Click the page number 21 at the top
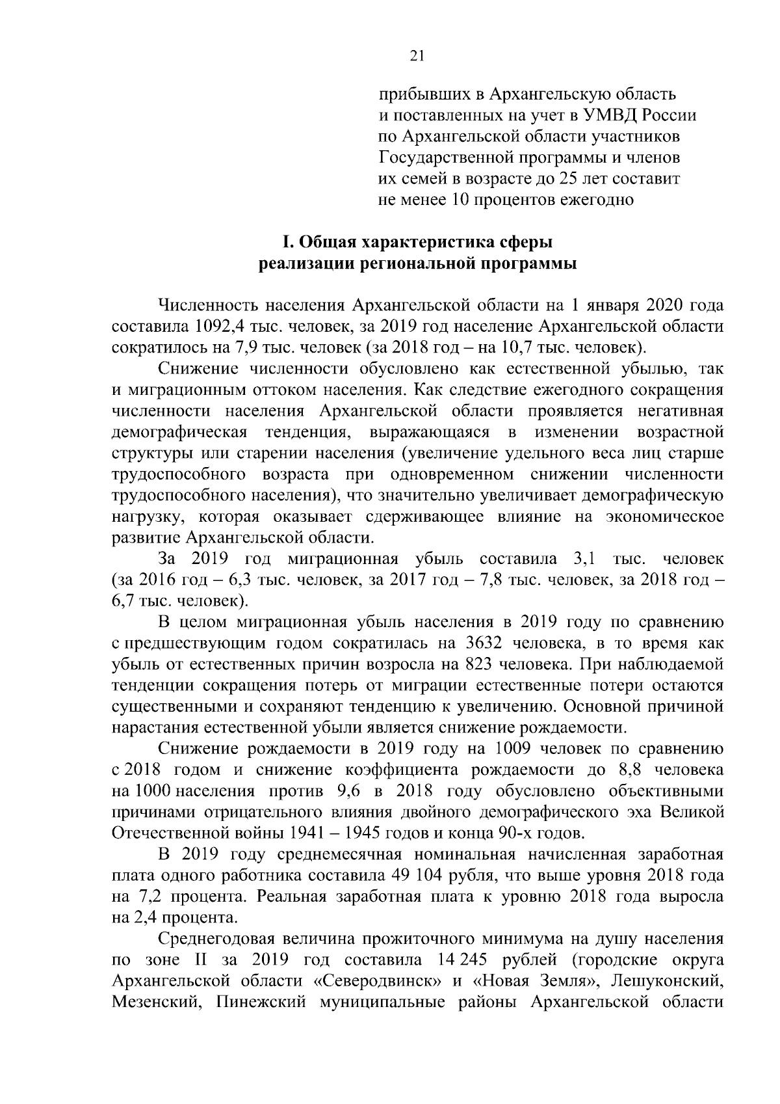417,56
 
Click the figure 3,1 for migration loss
586,559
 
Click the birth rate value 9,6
350,791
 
